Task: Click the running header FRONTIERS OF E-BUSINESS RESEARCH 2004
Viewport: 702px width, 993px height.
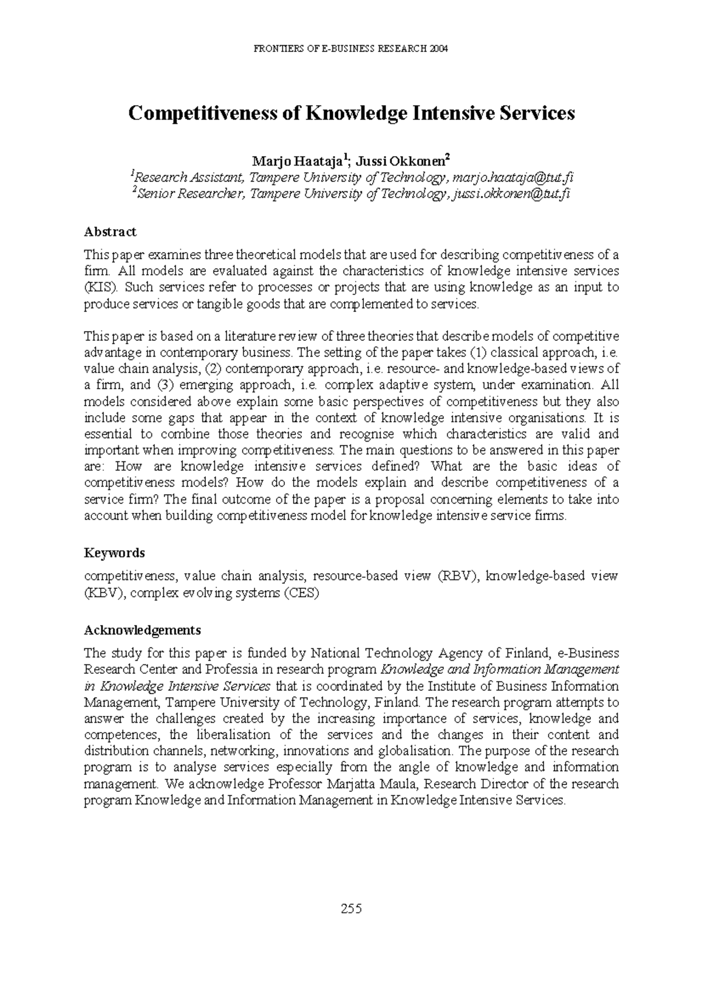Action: coord(351,49)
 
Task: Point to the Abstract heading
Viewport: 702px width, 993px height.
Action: coord(110,232)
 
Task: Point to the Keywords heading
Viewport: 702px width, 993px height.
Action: coord(114,553)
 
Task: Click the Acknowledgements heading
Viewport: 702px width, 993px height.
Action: coord(142,630)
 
